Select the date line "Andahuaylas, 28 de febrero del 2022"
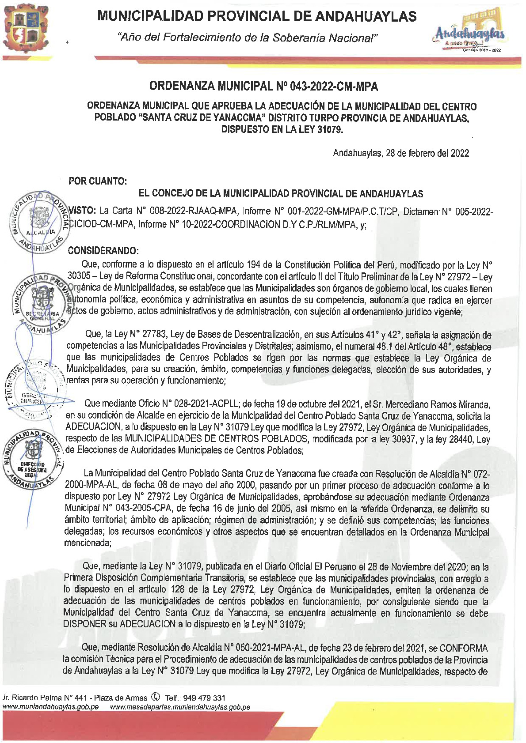pyautogui.click(x=400, y=153)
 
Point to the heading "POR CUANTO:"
pyautogui.click(x=98, y=181)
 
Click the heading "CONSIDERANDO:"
pyautogui.click(x=103, y=251)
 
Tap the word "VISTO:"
pyautogui.click(x=82, y=211)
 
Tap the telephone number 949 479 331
pyautogui.click(x=206, y=698)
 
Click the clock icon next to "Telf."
pyautogui.click(x=155, y=697)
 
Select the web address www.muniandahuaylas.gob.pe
pyautogui.click(x=50, y=707)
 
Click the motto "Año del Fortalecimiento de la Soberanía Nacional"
pyautogui.click(x=248, y=38)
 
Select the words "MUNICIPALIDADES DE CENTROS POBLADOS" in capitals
pyautogui.click(x=216, y=439)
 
